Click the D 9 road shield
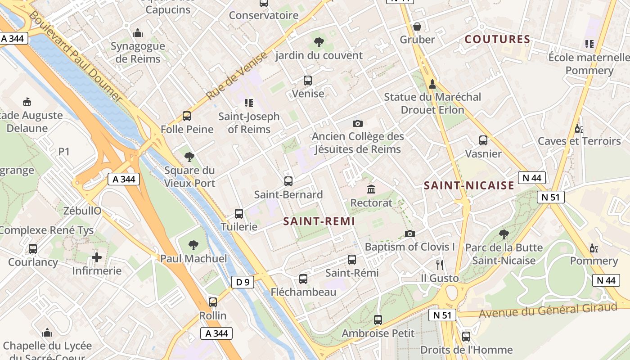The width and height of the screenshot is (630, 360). coord(243,282)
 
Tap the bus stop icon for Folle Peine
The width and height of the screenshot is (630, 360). coord(187,116)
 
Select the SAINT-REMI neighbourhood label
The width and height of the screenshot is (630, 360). coord(319,221)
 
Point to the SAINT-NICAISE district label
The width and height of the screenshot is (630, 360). coord(469,185)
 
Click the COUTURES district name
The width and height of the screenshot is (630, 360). coord(497,39)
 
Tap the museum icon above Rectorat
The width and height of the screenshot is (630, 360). coord(371,189)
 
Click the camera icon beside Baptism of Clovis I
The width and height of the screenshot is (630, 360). coord(409,234)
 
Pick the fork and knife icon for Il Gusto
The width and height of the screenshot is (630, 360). coord(440,265)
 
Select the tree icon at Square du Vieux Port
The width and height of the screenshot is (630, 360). coord(189,157)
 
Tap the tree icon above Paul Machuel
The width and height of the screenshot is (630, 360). coord(193,245)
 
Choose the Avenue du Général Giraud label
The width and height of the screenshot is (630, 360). coord(548,310)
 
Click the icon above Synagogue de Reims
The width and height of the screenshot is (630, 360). coord(138,33)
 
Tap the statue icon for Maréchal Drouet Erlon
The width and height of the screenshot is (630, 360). coord(432,84)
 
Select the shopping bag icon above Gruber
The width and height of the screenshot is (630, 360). coord(417,27)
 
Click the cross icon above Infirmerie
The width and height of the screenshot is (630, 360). coord(97,257)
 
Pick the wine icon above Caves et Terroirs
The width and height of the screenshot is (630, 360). coord(579,129)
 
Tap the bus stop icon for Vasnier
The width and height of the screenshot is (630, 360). coord(483,140)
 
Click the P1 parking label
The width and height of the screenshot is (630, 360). coord(64,152)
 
